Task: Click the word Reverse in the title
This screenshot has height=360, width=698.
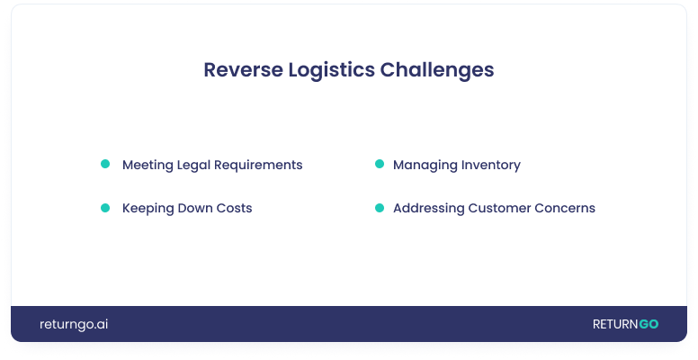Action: [x=244, y=70]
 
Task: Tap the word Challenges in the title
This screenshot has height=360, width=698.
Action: [x=437, y=71]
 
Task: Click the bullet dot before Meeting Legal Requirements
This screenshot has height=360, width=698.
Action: [x=105, y=164]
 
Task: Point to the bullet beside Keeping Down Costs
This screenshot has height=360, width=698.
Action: [x=105, y=208]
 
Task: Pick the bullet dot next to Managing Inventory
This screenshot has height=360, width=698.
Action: [x=380, y=164]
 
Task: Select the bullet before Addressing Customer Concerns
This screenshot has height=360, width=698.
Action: [x=380, y=208]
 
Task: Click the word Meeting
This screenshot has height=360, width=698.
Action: [x=148, y=166]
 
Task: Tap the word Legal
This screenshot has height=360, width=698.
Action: [x=193, y=166]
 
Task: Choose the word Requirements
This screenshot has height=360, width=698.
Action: [x=258, y=166]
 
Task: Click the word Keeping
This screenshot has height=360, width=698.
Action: [x=148, y=209]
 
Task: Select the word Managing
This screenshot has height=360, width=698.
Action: [x=425, y=166]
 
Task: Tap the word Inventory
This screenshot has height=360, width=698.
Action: [x=491, y=166]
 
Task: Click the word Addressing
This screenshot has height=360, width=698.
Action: [x=429, y=209]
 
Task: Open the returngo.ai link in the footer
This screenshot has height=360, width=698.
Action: [x=74, y=324]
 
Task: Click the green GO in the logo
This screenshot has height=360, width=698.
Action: [x=649, y=324]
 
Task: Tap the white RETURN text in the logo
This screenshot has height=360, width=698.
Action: [x=615, y=324]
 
